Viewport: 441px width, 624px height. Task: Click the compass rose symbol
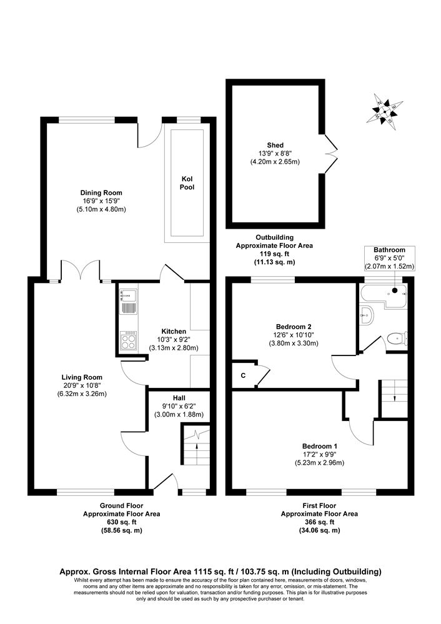coord(385,112)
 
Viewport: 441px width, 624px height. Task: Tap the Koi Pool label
coord(187,183)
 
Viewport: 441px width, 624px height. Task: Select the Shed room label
coord(275,146)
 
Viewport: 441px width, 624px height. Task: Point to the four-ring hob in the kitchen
coord(128,341)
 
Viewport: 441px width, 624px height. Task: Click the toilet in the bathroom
coord(397,339)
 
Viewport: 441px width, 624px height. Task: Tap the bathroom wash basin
coord(366,316)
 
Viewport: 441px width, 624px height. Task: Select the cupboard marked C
coord(244,375)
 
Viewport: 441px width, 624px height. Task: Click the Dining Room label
coord(101,193)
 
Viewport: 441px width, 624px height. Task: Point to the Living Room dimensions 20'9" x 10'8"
coord(82,385)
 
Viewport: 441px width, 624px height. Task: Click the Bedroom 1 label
coord(319,446)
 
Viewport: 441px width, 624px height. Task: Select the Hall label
coord(179,398)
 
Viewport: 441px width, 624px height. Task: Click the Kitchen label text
coord(174,331)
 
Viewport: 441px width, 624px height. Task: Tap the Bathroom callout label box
coord(389,258)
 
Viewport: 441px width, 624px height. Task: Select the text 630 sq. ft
coord(121,522)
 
